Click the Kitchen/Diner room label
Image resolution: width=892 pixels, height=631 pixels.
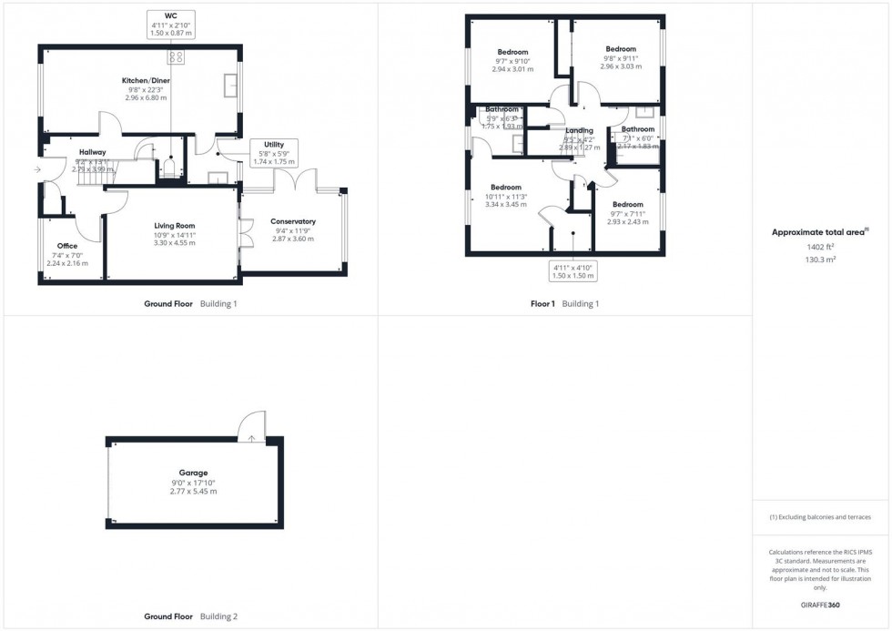pyautogui.click(x=145, y=81)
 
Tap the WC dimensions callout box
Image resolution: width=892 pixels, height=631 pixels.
pyautogui.click(x=170, y=24)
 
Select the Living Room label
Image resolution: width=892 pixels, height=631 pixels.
pyautogui.click(x=173, y=226)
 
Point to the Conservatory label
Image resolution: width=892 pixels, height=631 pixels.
pyautogui.click(x=293, y=221)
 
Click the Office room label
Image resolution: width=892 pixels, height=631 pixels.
pyautogui.click(x=67, y=246)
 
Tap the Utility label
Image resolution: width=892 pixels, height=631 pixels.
pyautogui.click(x=273, y=145)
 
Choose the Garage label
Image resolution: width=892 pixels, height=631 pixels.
pyautogui.click(x=193, y=473)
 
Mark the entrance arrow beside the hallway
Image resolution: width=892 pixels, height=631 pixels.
pyautogui.click(x=36, y=169)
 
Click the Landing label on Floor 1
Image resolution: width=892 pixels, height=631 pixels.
pyautogui.click(x=579, y=131)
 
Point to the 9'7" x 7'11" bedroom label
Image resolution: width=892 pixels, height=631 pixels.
pyautogui.click(x=627, y=205)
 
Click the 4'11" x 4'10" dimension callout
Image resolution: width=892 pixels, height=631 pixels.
pyautogui.click(x=573, y=271)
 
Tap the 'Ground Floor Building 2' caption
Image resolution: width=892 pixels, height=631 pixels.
pyautogui.click(x=190, y=616)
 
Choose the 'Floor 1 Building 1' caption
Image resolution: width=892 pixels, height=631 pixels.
pyautogui.click(x=564, y=304)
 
